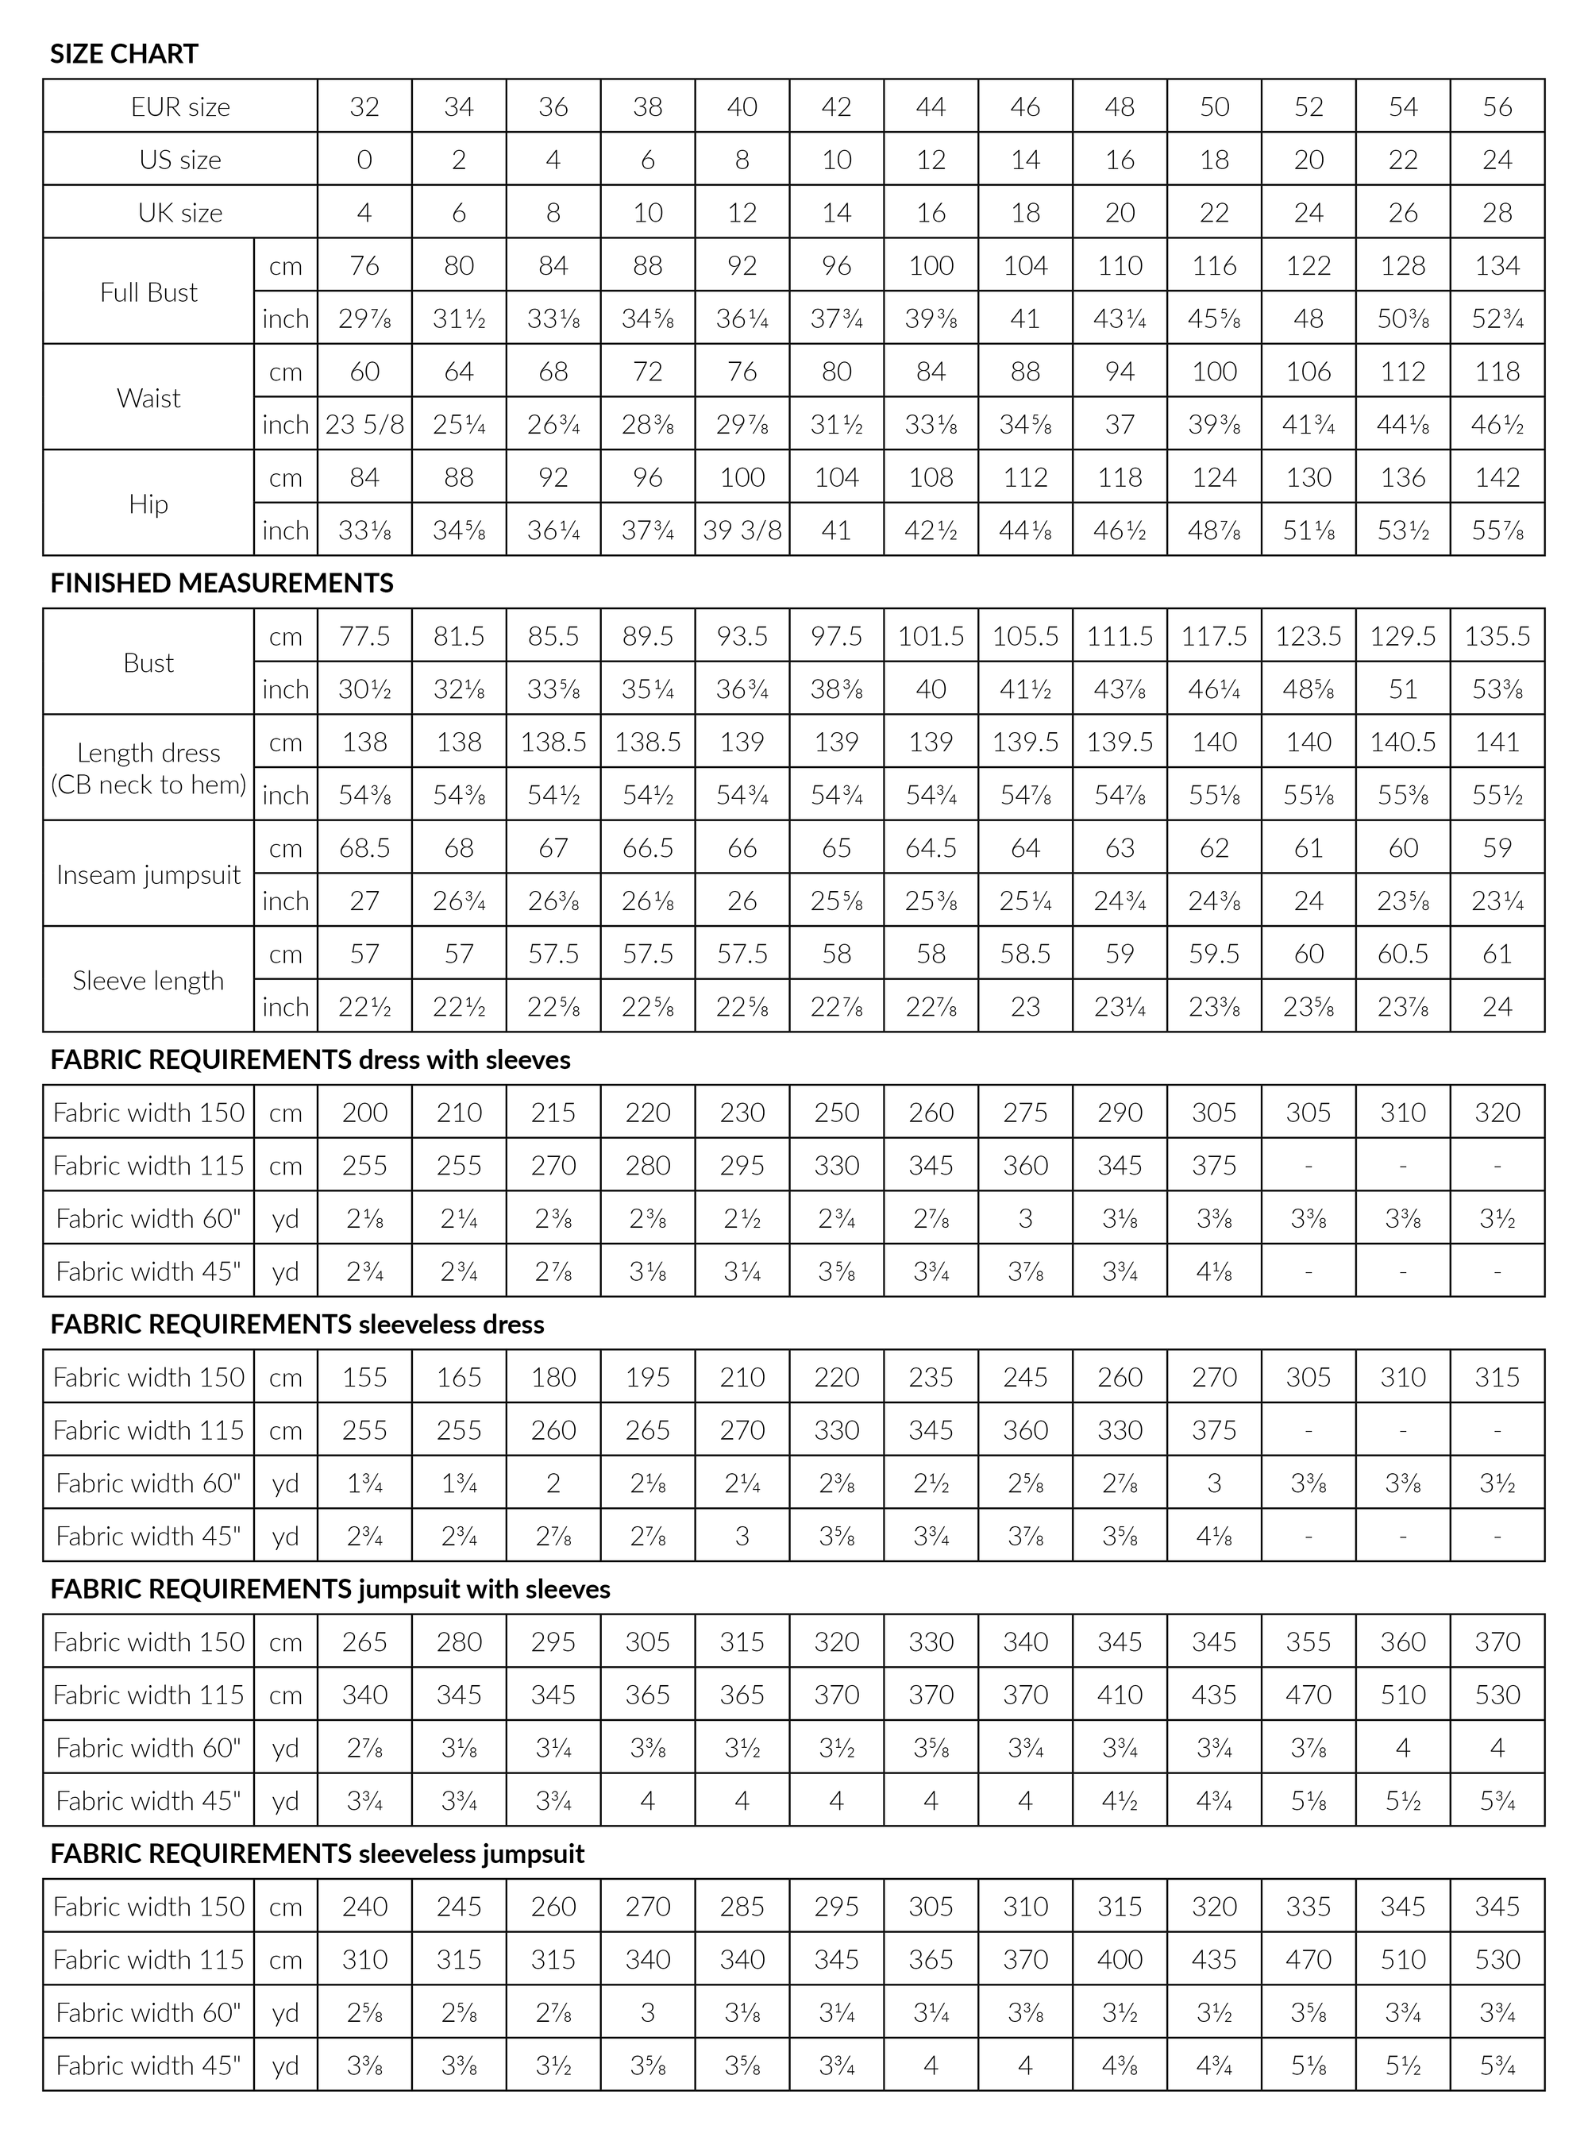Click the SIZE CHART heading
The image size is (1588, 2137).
(124, 54)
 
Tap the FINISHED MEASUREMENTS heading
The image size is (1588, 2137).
(222, 583)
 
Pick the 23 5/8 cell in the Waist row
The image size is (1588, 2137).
(364, 425)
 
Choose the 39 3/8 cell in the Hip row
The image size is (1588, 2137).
(742, 530)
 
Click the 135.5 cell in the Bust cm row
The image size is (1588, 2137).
(1497, 636)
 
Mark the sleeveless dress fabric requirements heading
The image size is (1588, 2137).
(297, 1325)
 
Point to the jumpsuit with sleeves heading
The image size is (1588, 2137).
(330, 1589)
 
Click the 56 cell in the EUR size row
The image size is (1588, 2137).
(1497, 106)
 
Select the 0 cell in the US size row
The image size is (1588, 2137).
(364, 160)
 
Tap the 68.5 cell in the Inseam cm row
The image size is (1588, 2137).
(364, 848)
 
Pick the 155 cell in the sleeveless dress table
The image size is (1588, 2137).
(364, 1378)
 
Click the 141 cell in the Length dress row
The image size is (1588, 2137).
(1497, 743)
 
